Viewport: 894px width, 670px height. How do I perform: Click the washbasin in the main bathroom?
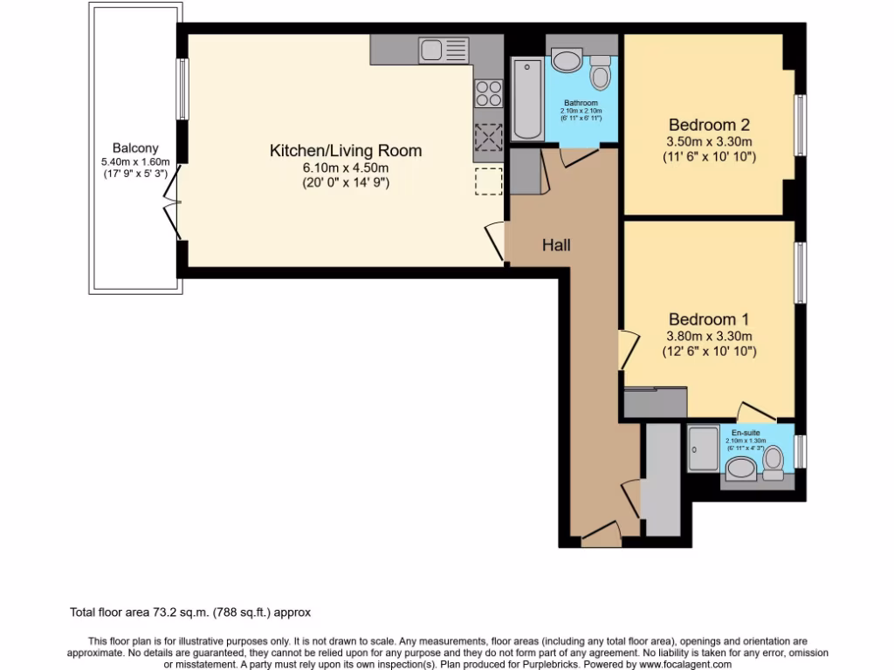(567, 60)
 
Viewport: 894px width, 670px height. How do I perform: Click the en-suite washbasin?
(742, 470)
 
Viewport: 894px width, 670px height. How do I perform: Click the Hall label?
(556, 245)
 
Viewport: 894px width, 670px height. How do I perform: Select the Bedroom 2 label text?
(709, 124)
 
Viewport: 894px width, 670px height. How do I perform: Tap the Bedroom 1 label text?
(709, 319)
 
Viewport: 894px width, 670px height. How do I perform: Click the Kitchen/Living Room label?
(345, 151)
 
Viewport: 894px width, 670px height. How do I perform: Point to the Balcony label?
(135, 148)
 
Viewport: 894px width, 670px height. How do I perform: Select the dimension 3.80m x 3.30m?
(709, 336)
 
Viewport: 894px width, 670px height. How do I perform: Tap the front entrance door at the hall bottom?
(601, 534)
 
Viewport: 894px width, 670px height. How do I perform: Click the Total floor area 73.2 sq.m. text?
(190, 612)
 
